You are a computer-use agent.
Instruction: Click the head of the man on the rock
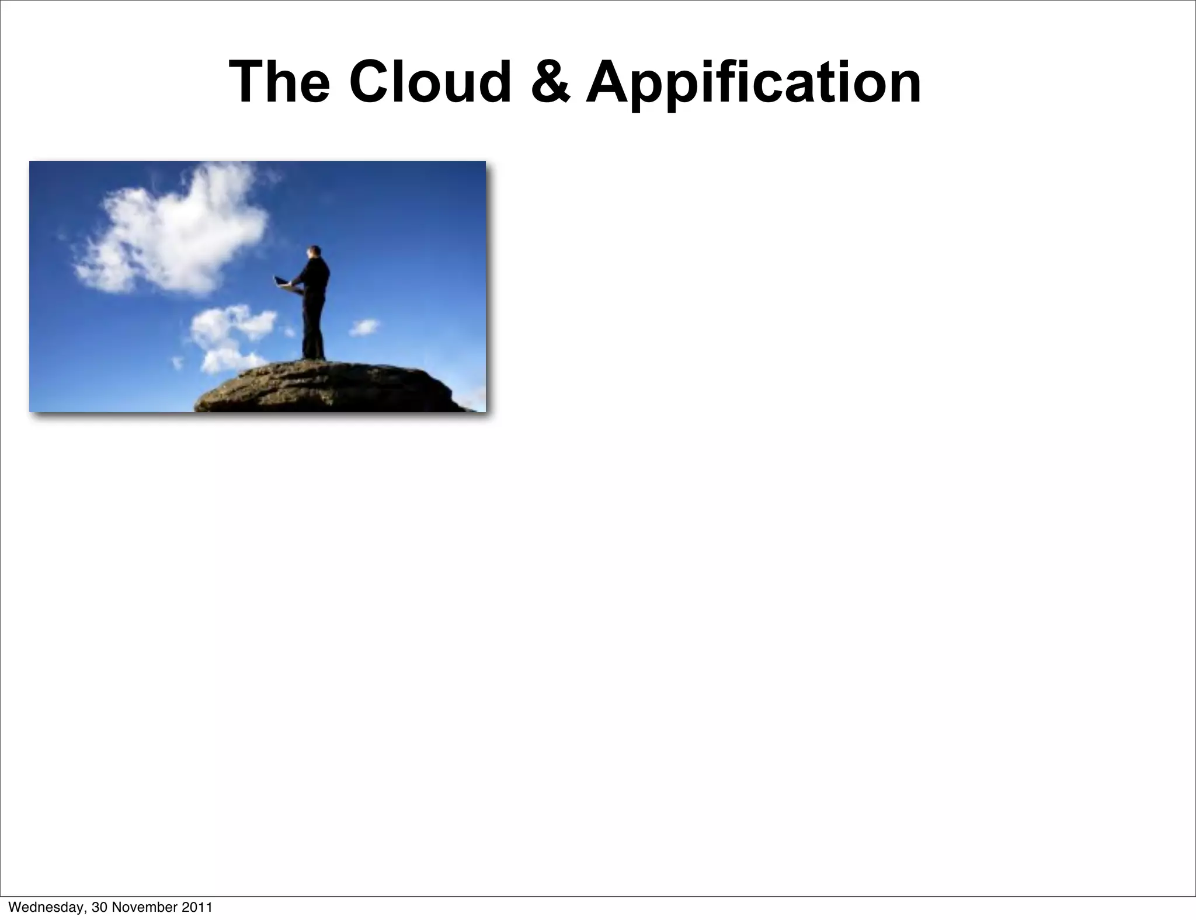click(x=314, y=253)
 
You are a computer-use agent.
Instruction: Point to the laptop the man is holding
click(x=284, y=283)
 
